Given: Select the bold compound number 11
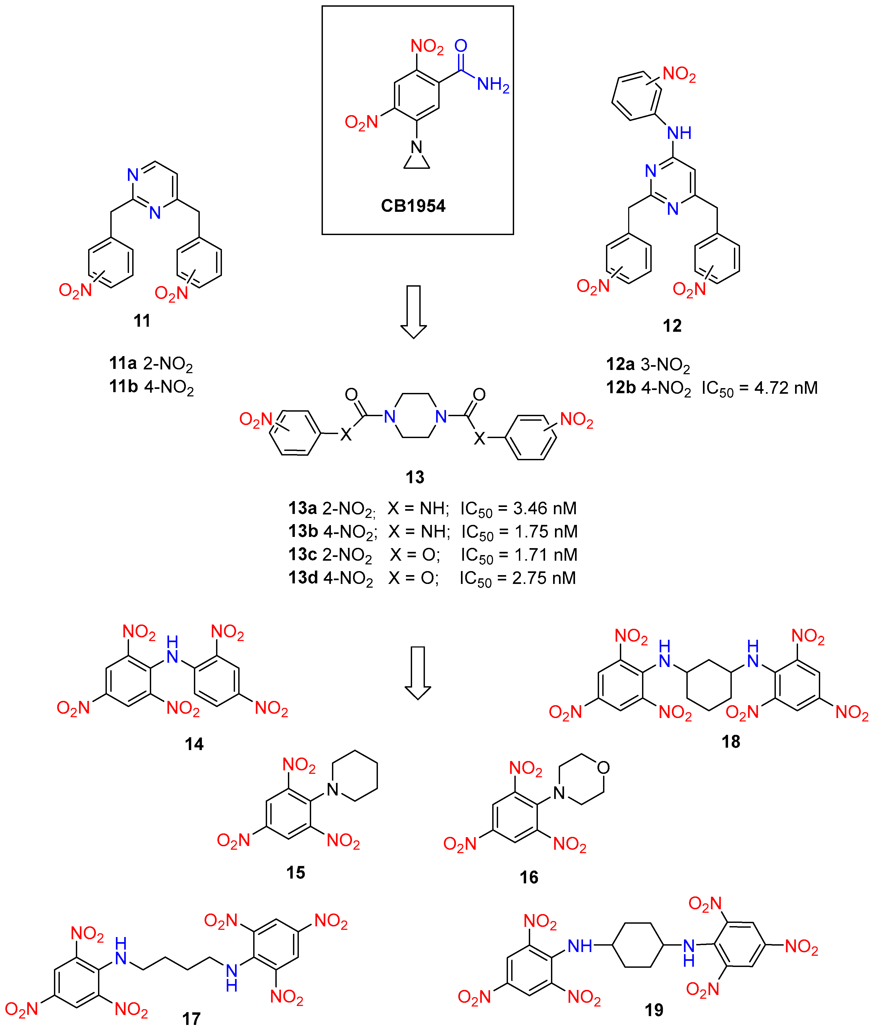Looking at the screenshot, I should (x=142, y=321).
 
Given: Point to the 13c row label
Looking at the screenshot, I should (x=302, y=554).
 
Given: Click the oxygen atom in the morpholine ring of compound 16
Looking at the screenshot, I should (x=603, y=768).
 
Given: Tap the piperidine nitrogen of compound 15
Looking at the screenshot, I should (x=333, y=790).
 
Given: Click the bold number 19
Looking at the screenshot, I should (x=654, y=1010).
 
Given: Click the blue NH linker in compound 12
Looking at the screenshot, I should (x=679, y=133).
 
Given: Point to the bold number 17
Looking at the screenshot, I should (x=191, y=1019).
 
